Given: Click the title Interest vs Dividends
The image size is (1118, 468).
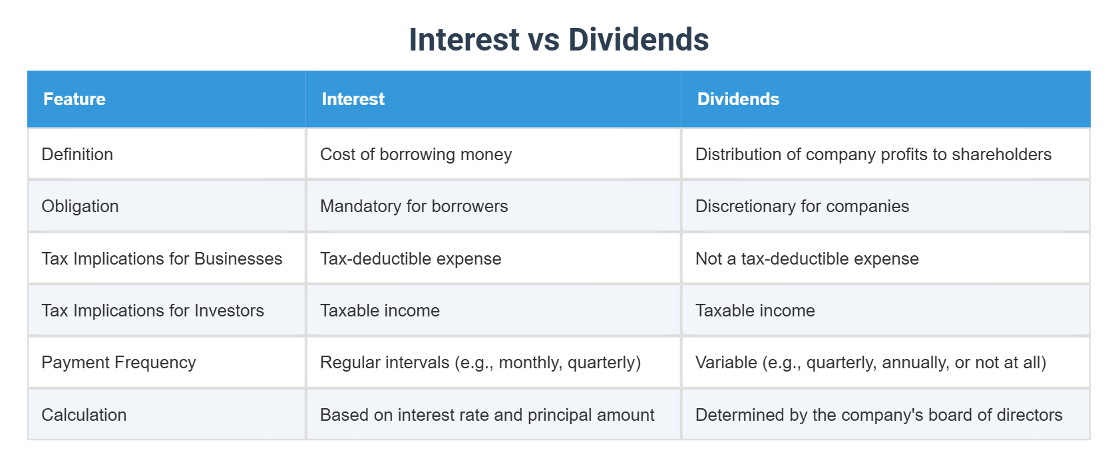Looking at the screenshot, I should coord(558,40).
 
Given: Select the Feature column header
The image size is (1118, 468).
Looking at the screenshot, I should coord(75,99).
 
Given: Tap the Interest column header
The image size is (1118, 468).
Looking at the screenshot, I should coord(353,99).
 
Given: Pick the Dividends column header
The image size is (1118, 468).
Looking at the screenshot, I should coord(738,99).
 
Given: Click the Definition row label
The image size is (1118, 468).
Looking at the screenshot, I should coord(77,154).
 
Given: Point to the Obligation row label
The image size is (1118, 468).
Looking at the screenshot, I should coord(80,206).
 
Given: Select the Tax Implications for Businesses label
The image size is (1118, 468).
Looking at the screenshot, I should coord(162,259).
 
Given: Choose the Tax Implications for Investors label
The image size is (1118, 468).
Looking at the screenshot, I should coord(152,310).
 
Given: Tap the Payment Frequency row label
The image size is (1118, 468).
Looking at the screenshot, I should coord(118,362).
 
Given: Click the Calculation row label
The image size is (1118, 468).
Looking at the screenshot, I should coord(84,415).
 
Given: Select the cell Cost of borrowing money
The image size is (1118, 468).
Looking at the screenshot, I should coord(416,154).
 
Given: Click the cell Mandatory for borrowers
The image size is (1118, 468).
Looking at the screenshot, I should coord(414,206).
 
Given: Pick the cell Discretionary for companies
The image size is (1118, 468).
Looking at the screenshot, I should coord(802,206).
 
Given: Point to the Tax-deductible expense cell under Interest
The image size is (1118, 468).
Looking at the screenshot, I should coord(411,259).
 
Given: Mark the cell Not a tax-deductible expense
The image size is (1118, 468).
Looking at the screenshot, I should coord(807,259).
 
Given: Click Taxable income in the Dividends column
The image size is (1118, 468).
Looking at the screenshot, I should coord(755,310).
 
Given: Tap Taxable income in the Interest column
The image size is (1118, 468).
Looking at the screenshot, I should coord(380,310).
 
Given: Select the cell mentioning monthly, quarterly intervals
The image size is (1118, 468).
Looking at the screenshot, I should coord(480,362).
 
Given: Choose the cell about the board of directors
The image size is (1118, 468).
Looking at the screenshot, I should coord(878,415).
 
